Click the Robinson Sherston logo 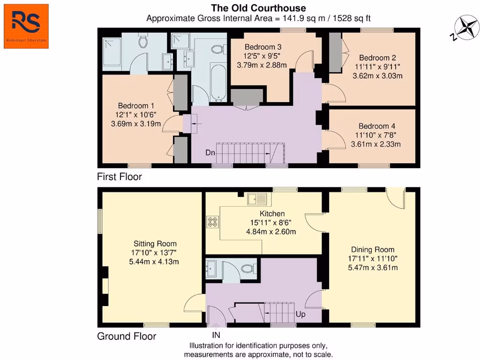coord(26,26)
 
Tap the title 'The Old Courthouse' coord(258,8)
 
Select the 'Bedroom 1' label coord(136,105)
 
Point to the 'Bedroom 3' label coord(263,47)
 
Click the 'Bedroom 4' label coord(376,126)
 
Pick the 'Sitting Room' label coord(155,243)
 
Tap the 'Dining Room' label coord(373,249)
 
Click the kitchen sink coord(257,199)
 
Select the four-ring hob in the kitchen coord(212,221)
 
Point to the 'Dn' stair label coord(210,152)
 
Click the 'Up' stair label coord(300,314)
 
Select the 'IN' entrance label coord(216,335)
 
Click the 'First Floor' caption coord(119,177)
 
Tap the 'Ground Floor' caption coord(127,336)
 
